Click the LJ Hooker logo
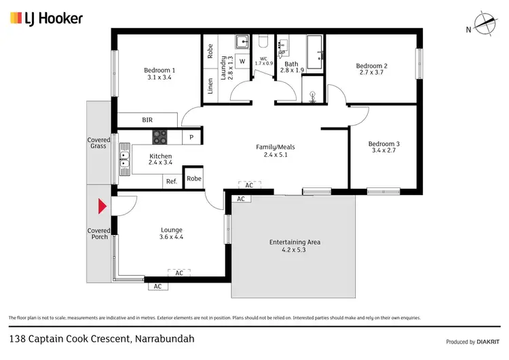click(x=46, y=18)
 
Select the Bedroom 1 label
click(x=159, y=70)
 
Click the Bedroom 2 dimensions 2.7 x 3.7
click(x=371, y=73)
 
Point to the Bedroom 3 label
click(x=383, y=143)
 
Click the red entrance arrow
click(x=102, y=206)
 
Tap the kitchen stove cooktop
click(x=160, y=137)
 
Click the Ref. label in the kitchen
click(x=172, y=181)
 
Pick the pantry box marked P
click(x=192, y=137)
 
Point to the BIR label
click(x=147, y=120)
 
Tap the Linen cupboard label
click(x=210, y=87)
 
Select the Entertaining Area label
click(x=295, y=242)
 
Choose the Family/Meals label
click(x=275, y=147)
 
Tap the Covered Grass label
click(x=98, y=143)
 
